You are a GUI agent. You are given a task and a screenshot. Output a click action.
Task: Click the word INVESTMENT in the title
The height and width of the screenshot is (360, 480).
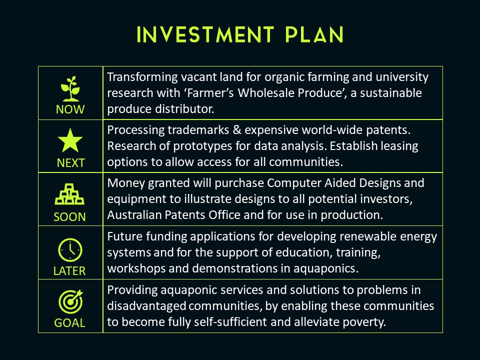[205, 34]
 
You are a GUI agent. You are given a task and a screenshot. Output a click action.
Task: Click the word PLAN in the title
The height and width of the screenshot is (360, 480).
[314, 34]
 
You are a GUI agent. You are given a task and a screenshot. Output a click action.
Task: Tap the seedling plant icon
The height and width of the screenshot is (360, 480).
[70, 89]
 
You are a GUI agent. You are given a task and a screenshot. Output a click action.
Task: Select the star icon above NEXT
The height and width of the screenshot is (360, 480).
[70, 140]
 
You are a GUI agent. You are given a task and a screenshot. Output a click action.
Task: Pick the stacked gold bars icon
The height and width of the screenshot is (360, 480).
[69, 194]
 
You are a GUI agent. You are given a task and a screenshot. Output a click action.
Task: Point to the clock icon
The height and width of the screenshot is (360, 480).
[70, 250]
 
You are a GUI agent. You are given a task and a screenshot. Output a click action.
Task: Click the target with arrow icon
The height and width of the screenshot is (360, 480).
[70, 301]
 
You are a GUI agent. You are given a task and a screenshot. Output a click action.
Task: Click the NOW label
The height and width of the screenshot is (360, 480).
[70, 109]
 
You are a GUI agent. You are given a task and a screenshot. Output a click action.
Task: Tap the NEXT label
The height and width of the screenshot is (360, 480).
[70, 163]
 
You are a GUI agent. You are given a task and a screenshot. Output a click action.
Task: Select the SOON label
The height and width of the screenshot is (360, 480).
[70, 217]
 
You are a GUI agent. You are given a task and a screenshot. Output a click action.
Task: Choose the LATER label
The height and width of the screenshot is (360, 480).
[69, 271]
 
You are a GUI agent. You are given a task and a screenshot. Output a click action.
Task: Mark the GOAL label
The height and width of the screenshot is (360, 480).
[69, 323]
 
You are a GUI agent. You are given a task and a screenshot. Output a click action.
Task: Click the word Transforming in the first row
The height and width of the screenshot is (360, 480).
[142, 77]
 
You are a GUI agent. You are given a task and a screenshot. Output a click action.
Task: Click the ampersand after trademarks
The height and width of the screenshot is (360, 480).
[237, 130]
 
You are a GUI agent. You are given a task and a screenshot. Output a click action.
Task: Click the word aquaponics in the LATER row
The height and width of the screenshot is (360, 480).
[325, 269]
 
